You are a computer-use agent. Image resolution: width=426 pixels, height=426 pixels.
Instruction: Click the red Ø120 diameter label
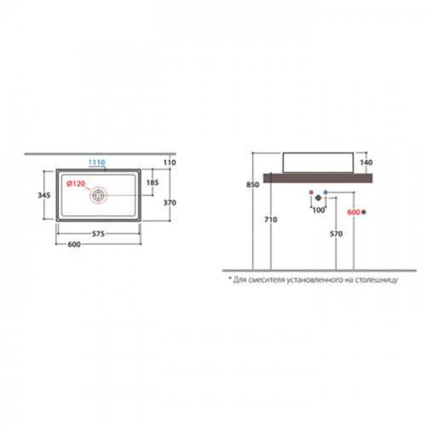pyautogui.click(x=76, y=184)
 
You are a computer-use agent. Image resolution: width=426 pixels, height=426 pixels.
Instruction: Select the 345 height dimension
pyautogui.click(x=44, y=195)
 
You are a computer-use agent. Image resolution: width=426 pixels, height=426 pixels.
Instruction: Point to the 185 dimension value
pyautogui.click(x=153, y=182)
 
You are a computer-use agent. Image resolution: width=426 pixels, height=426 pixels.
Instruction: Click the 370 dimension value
pyautogui.click(x=170, y=203)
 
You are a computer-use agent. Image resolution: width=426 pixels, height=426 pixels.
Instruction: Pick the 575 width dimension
pyautogui.click(x=98, y=233)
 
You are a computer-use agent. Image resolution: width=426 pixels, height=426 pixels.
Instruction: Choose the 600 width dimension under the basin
pyautogui.click(x=74, y=245)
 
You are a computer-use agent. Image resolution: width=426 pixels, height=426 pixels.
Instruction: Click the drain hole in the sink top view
pyautogui.click(x=98, y=195)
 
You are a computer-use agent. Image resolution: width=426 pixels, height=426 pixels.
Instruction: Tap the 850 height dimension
pyautogui.click(x=252, y=185)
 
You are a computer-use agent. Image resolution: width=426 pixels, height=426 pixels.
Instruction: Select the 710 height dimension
pyautogui.click(x=271, y=220)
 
